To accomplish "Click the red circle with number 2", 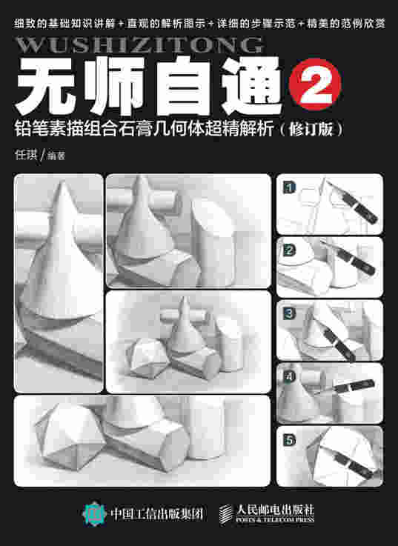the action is [315, 84].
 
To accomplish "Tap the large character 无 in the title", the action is [46, 86].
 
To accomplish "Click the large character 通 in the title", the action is [252, 86].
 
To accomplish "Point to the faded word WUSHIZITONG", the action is [139, 45].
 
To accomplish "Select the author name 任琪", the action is [26, 154].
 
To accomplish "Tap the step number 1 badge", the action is [289, 187].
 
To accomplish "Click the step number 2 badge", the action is [289, 250].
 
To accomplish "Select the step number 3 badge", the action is [289, 313].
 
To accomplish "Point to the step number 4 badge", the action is [289, 376].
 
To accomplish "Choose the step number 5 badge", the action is [289, 440].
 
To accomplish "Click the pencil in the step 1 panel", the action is [352, 202].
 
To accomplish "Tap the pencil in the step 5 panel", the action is [352, 462].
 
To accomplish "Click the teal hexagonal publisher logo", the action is [94, 513].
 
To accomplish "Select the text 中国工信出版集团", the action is [156, 514].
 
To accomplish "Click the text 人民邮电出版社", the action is [275, 510].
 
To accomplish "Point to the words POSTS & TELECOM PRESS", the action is [275, 520].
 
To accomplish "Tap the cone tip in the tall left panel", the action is [63, 182].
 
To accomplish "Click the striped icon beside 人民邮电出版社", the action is [226, 513].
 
